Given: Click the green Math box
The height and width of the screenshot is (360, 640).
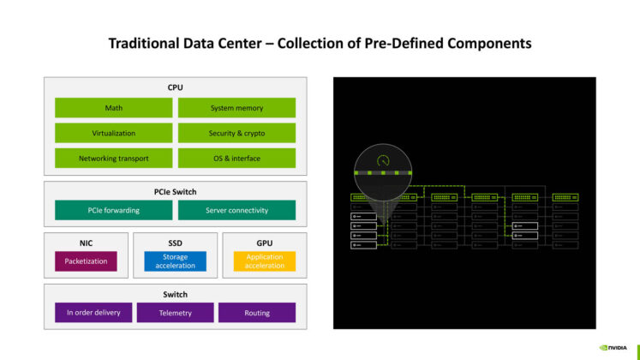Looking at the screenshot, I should [114, 108].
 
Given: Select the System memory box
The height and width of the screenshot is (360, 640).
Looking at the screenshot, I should [236, 108].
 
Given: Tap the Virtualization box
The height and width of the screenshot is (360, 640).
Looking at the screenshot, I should [114, 133].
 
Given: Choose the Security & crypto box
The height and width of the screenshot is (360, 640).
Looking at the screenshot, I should [236, 133].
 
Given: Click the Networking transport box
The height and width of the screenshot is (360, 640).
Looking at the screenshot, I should [114, 158].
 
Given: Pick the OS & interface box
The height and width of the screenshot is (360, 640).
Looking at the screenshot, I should [236, 158].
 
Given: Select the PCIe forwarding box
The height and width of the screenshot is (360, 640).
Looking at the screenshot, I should [114, 210].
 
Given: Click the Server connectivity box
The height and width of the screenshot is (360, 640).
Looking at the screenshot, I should [236, 210].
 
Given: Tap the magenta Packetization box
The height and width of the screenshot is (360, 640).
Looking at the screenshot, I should [86, 261].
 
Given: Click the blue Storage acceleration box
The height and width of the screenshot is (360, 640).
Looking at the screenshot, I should [175, 261].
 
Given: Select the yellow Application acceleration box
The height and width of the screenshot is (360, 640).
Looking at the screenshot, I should [264, 261].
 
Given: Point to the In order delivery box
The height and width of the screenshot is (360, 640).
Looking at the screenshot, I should [93, 313].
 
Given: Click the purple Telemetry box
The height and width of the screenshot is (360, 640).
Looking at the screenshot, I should [175, 313].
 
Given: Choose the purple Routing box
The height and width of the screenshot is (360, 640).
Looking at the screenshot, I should [257, 313].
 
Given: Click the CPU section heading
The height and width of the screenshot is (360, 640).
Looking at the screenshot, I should [175, 87].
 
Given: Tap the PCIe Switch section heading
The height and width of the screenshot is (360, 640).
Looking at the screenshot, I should [175, 191].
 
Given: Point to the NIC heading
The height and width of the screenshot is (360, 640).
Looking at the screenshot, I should [86, 243].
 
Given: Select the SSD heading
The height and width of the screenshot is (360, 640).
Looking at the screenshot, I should [175, 243].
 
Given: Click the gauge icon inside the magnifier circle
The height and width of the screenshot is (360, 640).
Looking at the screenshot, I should [383, 160].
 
